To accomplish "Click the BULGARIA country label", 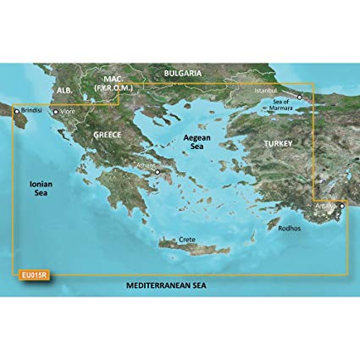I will pyautogui.click(x=181, y=74).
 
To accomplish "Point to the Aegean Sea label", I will pyautogui.click(x=201, y=142).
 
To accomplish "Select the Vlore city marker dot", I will pyautogui.click(x=56, y=110).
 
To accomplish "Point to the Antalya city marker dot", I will pyautogui.click(x=342, y=204).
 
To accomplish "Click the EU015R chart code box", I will pyautogui.click(x=28, y=274).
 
